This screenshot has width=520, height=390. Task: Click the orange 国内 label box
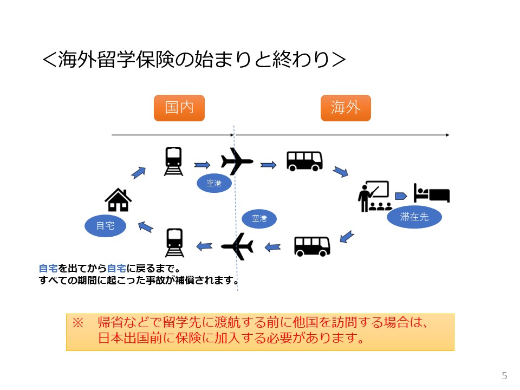click(179, 108)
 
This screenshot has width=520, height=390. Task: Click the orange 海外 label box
click(346, 108)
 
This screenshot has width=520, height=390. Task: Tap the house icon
click(118, 200)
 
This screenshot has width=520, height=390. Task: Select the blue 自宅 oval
click(105, 225)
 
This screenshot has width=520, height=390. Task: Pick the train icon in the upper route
click(173, 161)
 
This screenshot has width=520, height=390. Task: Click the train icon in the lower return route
click(174, 243)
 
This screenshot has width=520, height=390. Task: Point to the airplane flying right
click(237, 161)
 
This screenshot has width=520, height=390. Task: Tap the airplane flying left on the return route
click(237, 246)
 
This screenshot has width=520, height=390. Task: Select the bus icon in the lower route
click(312, 246)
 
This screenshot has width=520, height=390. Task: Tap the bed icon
click(432, 193)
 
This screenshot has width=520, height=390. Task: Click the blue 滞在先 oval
click(414, 217)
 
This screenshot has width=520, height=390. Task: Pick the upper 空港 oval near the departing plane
click(214, 184)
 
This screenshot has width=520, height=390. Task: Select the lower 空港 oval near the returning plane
click(260, 218)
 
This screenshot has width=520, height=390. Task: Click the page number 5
click(505, 376)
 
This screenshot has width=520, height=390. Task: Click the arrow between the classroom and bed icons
click(401, 196)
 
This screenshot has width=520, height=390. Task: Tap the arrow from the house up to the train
click(139, 172)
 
